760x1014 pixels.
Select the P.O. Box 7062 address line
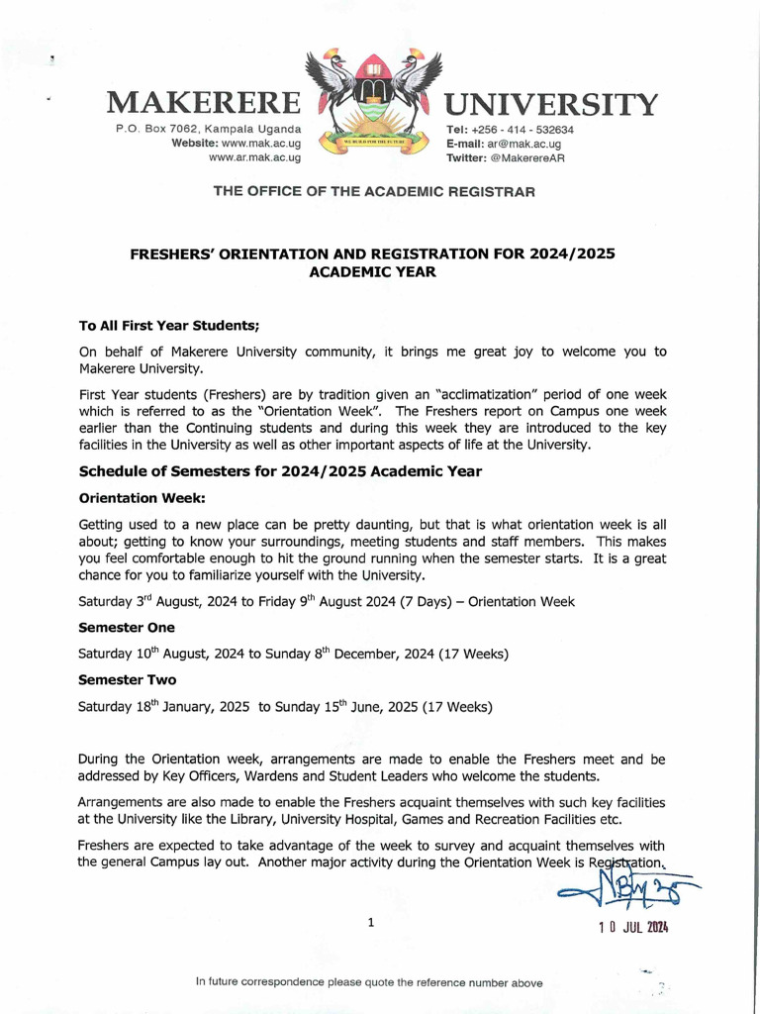[x=208, y=130]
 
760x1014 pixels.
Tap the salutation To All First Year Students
[x=168, y=325]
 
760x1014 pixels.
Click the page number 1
[x=371, y=923]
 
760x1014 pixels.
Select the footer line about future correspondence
[x=369, y=982]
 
